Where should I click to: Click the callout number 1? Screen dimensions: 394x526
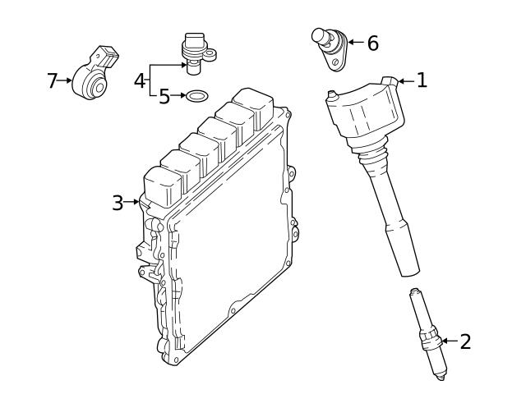422,80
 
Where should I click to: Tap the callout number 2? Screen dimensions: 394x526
465,341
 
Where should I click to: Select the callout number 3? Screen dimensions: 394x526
118,202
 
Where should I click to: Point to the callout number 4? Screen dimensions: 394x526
139,80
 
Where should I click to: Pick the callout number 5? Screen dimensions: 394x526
164,97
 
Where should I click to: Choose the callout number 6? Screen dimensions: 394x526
372,44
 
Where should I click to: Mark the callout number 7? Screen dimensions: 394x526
53,80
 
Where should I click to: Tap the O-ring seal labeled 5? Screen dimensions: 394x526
196,97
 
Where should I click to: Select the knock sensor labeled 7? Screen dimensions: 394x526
92,75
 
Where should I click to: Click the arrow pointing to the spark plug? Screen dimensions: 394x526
448,341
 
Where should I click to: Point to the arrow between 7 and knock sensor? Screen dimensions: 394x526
66,80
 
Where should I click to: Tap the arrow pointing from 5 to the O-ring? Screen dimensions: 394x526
178,97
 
